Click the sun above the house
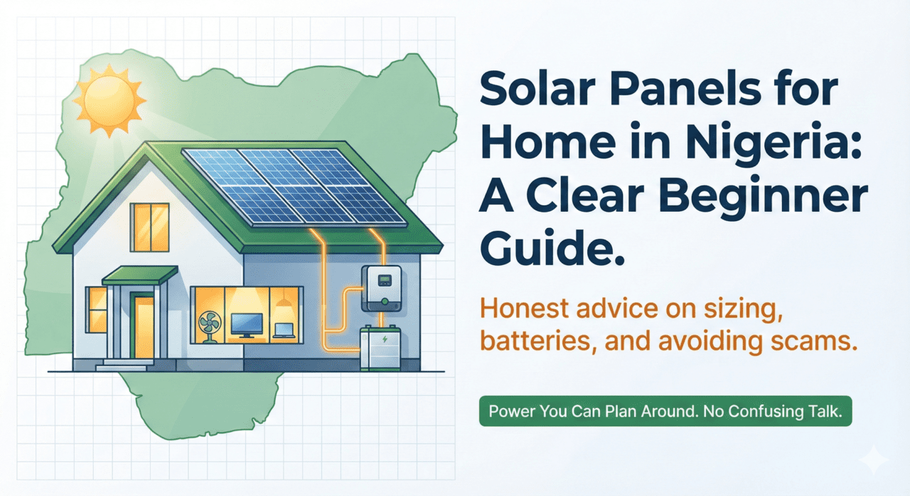[109, 100]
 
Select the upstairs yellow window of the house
[149, 227]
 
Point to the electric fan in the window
[210, 327]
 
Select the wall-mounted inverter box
[382, 289]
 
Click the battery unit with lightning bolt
[380, 348]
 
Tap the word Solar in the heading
[537, 90]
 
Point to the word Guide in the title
[552, 247]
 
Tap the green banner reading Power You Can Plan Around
[665, 411]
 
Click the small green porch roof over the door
[140, 275]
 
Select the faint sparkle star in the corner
[874, 460]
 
